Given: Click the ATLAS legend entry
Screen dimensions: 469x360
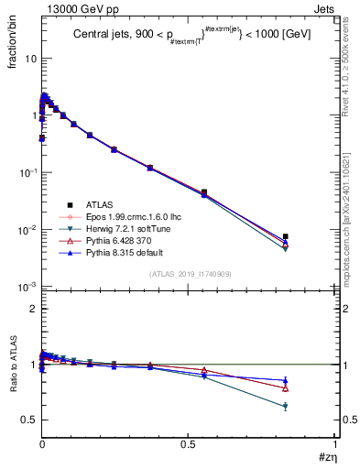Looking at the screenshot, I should pyautogui.click(x=98, y=204).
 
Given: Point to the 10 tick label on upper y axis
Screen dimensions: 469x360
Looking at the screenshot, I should pyautogui.click(x=29, y=59).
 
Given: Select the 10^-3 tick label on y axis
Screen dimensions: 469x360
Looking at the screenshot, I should pyautogui.click(x=27, y=288).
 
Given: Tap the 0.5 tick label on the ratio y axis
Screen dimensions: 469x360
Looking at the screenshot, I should pyautogui.click(x=28, y=420).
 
